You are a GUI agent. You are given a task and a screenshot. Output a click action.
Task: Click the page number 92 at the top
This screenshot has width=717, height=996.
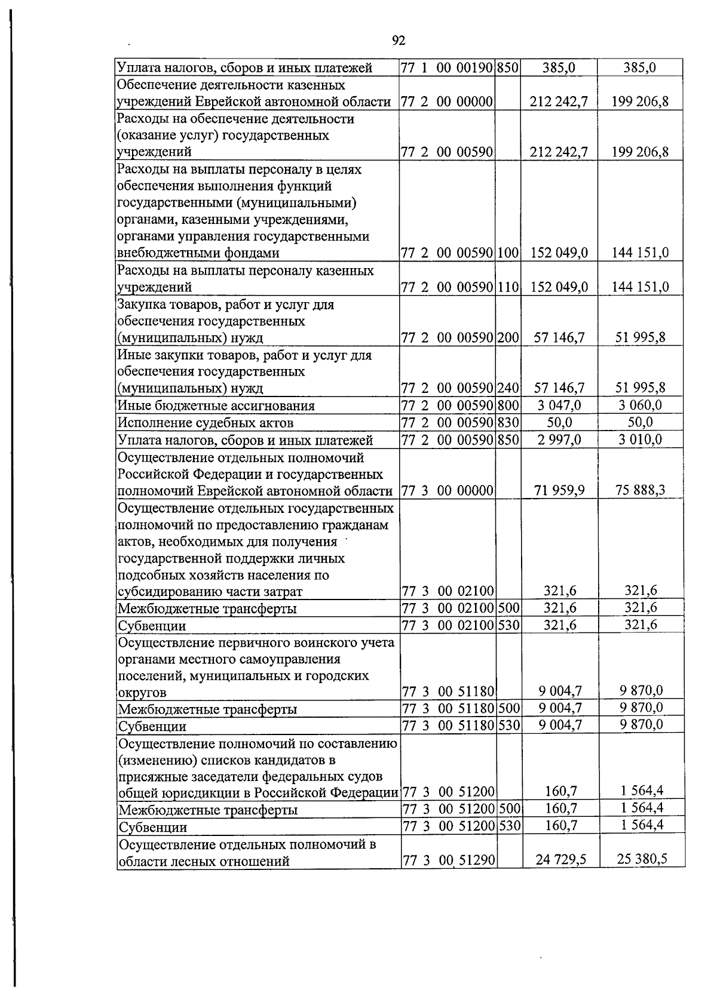tap(399, 40)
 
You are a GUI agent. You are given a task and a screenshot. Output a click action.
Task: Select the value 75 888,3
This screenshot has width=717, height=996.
tap(641, 491)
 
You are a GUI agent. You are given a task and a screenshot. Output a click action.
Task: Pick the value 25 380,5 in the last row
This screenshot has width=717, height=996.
tap(641, 859)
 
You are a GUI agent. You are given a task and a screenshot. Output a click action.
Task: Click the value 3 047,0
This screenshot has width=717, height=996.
tap(559, 406)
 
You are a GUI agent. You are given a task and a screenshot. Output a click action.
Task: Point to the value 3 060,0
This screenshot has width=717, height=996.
tap(641, 405)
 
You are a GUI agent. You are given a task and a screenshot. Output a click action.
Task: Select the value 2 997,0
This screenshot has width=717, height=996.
tap(559, 440)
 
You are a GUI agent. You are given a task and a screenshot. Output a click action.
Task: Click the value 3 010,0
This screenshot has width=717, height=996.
tap(641, 440)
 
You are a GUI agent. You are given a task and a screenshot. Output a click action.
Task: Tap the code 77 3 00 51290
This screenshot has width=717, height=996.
tap(448, 860)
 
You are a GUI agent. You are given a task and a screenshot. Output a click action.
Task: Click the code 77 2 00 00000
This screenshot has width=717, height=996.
tap(447, 102)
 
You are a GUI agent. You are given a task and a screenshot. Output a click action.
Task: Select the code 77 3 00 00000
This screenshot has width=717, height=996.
tap(448, 491)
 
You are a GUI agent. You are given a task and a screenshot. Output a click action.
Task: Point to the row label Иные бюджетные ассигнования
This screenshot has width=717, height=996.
tap(216, 406)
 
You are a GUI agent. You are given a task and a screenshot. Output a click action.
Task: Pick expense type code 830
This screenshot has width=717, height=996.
tap(508, 423)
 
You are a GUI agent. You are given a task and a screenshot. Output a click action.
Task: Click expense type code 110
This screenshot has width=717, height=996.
tap(508, 287)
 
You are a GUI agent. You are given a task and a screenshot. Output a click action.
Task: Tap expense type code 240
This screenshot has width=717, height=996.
tap(508, 389)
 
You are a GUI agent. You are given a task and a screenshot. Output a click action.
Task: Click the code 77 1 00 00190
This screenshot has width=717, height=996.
tap(447, 67)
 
